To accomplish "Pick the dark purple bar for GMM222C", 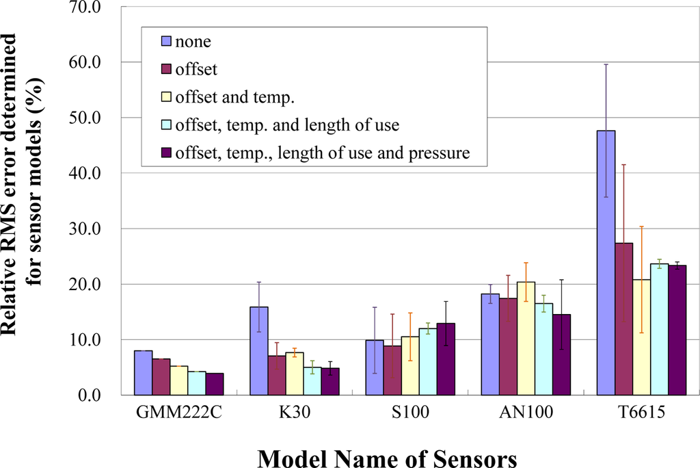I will click(x=215, y=384).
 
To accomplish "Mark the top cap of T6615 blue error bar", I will click(x=606, y=64).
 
